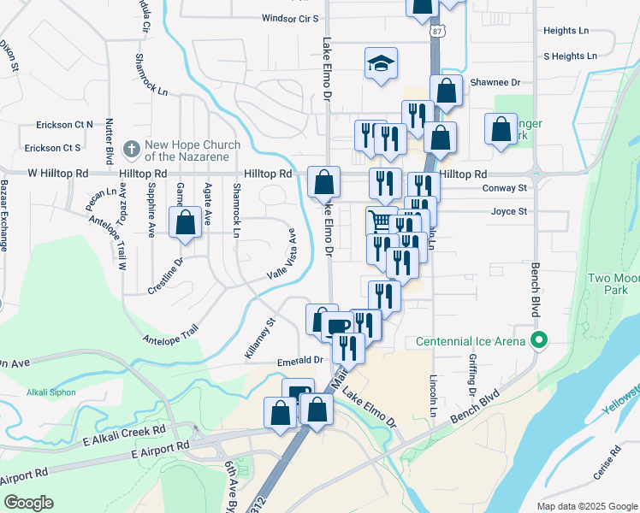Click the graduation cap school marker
381,64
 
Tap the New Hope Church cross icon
131,149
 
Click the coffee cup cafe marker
336,325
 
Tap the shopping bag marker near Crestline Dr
185,221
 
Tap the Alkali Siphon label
51,392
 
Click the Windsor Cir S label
290,18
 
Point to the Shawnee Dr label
495,83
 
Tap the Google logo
28,503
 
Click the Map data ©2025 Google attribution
586,506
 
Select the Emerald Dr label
299,362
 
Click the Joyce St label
508,211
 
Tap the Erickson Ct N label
64,124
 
